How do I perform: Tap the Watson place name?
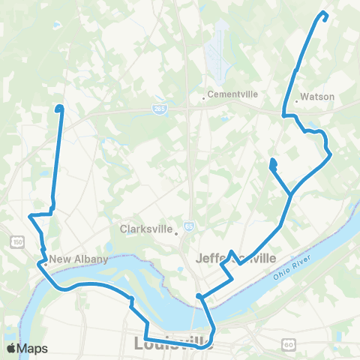(316, 97)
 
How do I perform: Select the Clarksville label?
(147, 229)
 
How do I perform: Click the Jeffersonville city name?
(235, 259)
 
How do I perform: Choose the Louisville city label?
(172, 345)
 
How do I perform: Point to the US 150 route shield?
(16, 241)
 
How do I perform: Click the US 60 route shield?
(287, 345)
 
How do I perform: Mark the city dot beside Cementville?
(203, 97)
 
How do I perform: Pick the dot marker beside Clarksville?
(176, 232)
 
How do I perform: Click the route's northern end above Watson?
(324, 13)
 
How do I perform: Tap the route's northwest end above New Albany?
(59, 109)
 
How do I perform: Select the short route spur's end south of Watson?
(272, 162)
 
